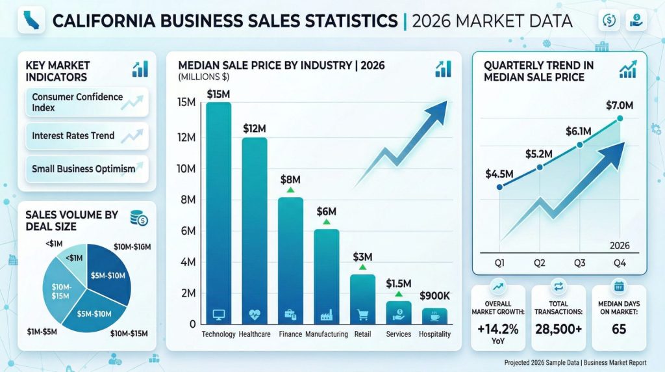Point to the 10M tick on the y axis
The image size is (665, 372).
186,169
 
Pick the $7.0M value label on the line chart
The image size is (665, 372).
619,105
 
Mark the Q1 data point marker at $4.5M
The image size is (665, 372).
499,187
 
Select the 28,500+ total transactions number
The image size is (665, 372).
558,329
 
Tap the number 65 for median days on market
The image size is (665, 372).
619,329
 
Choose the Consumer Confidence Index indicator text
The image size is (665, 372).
77,102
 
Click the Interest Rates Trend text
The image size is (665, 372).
73,136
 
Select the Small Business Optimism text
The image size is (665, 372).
83,168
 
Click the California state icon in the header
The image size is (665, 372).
29,20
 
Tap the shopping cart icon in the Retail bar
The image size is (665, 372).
362,315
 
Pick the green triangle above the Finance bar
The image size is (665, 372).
290,191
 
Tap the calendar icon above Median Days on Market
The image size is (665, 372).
618,286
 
